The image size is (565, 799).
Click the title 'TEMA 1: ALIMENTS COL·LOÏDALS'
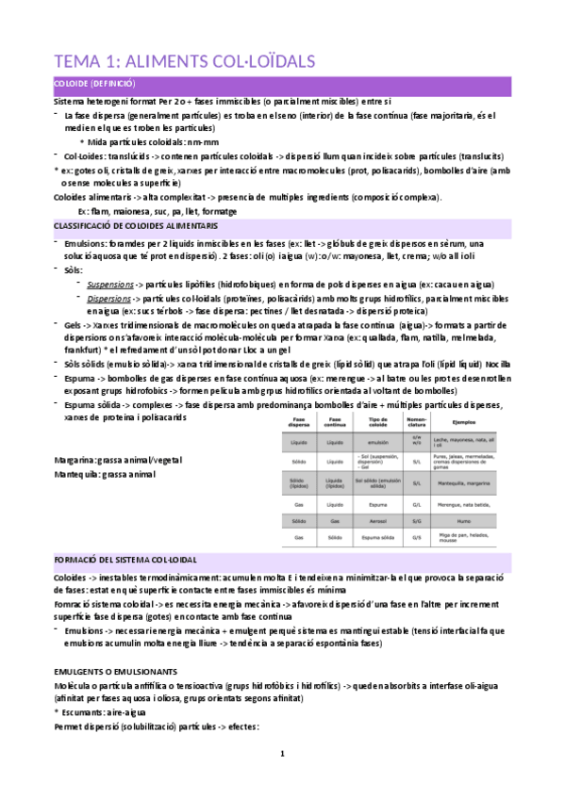(185, 62)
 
